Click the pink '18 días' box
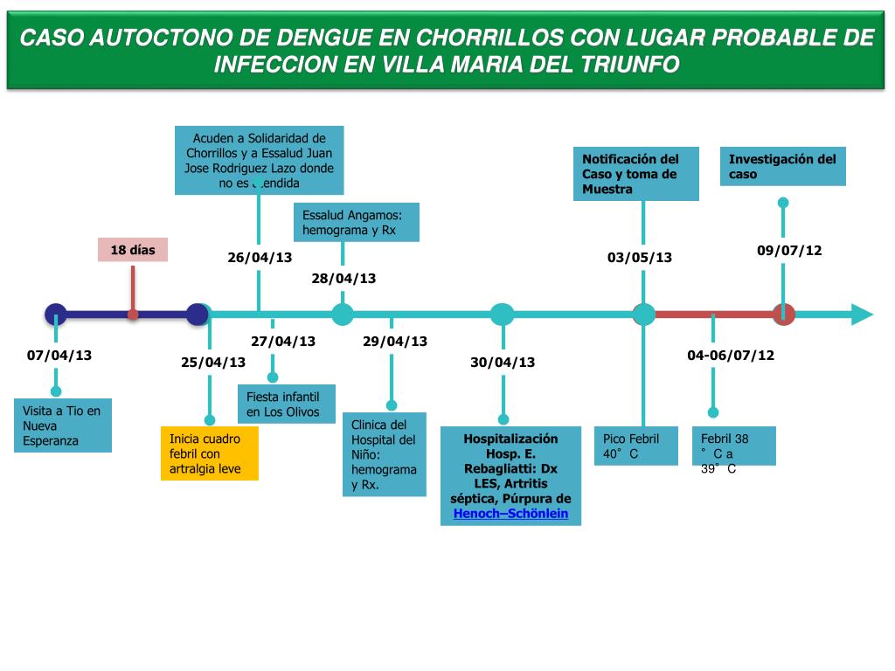click(132, 250)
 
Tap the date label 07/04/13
click(59, 356)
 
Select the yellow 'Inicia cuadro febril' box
click(210, 453)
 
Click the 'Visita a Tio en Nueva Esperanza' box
click(63, 425)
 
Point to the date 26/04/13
click(260, 258)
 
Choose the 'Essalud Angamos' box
click(357, 222)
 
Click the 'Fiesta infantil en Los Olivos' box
click(288, 405)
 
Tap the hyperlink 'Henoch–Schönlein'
click(510, 514)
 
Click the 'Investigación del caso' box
click(783, 166)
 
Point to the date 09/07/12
click(789, 251)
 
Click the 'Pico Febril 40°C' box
click(635, 446)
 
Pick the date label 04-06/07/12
click(731, 356)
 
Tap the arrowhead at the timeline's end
click(862, 315)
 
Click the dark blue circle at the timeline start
click(56, 315)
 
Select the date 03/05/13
click(640, 258)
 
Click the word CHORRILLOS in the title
click(488, 38)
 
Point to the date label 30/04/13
click(503, 363)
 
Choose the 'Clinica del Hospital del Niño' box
click(385, 454)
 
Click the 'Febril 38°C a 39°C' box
click(734, 446)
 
